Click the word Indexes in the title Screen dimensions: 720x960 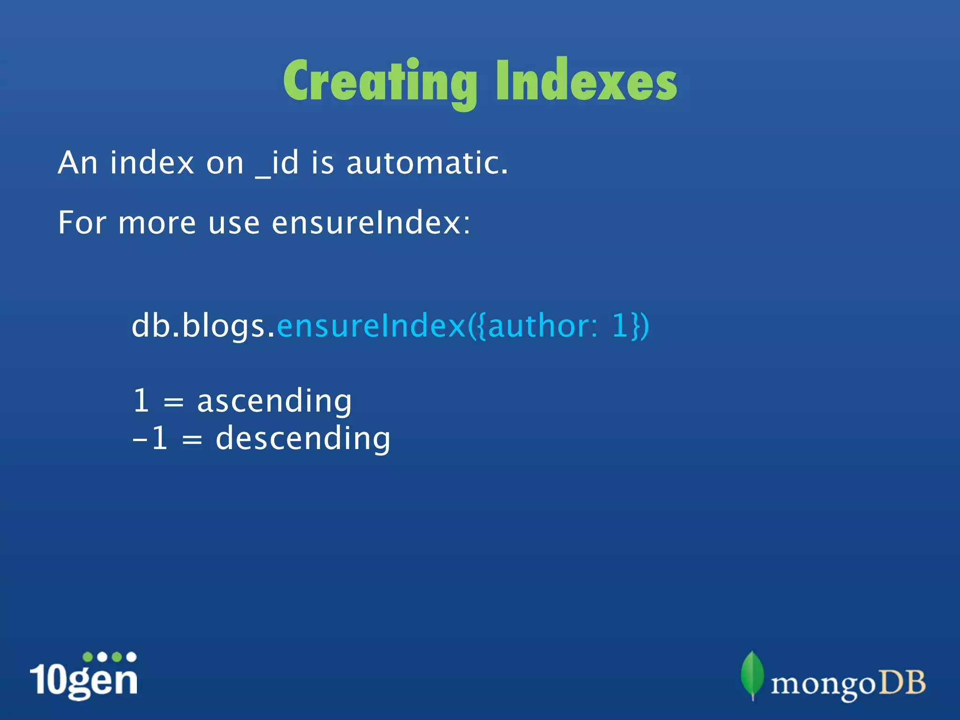click(x=586, y=81)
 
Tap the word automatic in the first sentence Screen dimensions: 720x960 click(x=427, y=163)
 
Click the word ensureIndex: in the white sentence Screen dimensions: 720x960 click(x=370, y=223)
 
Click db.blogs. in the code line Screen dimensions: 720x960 click(x=203, y=326)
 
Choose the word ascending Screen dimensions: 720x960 click(x=274, y=402)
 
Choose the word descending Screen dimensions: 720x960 click(x=303, y=439)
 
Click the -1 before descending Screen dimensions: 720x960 click(x=150, y=439)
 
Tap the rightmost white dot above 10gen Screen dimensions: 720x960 click(x=132, y=657)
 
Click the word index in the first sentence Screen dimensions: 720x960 click(x=152, y=163)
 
